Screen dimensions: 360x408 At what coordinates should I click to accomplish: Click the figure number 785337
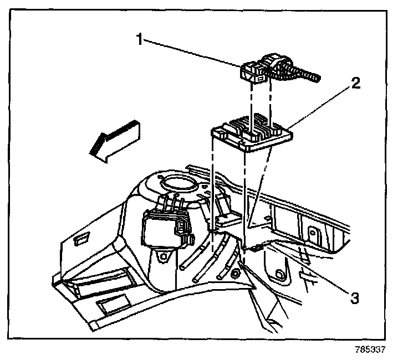pos(370,350)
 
